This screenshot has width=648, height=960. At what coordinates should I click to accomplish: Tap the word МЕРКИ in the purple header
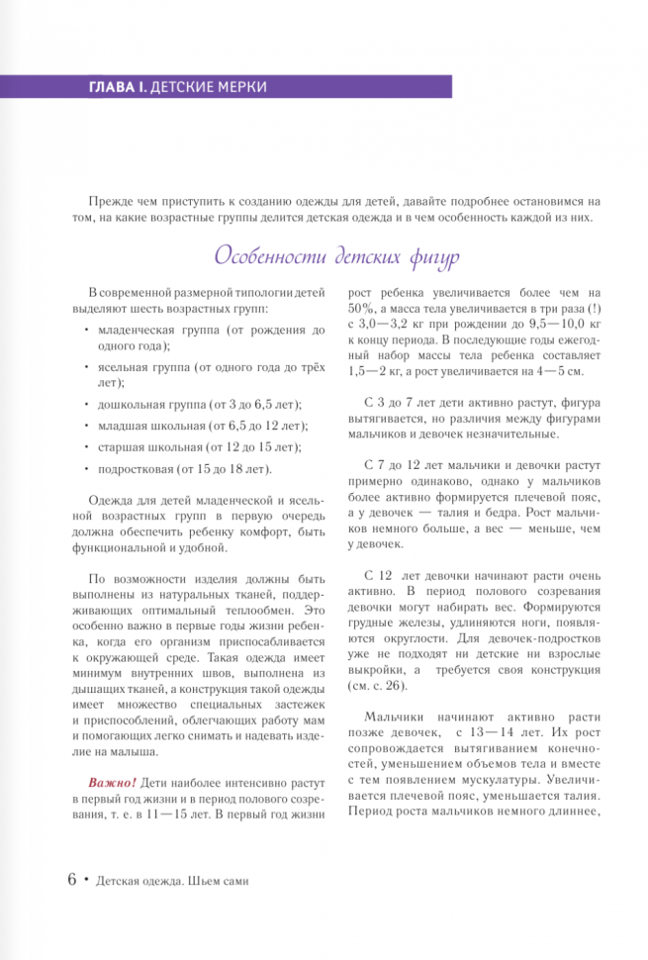pyautogui.click(x=241, y=87)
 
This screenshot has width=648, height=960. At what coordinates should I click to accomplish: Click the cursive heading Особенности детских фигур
pyautogui.click(x=337, y=255)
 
